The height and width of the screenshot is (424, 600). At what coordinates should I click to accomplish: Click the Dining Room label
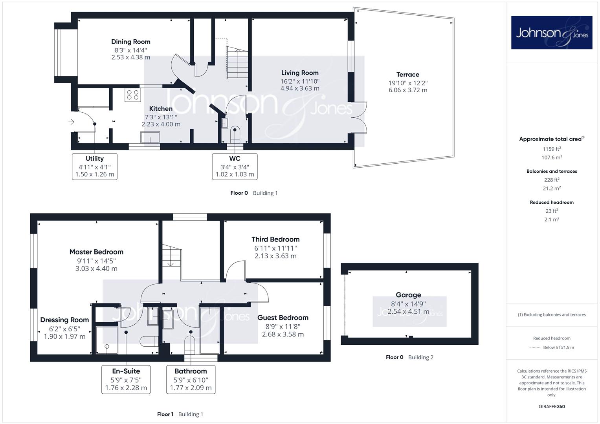pos(131,42)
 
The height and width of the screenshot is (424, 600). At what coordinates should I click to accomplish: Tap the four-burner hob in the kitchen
pos(133,95)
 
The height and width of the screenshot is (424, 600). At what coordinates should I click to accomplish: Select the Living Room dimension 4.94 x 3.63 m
pos(300,88)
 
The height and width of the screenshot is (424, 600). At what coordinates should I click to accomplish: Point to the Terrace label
pos(408,75)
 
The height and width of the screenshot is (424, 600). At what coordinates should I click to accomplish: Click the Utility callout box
pos(95,166)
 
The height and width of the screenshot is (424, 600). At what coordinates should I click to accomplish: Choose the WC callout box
pos(235,166)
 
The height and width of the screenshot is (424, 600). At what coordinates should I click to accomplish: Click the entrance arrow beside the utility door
pos(71,122)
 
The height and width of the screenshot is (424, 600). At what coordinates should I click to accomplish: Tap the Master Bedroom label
pos(96,252)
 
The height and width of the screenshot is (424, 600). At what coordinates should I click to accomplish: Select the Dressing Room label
pos(64,320)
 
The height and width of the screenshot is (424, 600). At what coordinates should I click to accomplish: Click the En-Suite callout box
pos(126,380)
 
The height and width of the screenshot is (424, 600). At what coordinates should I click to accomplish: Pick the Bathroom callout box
pos(191,380)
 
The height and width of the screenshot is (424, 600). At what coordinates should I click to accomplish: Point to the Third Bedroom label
pos(275,239)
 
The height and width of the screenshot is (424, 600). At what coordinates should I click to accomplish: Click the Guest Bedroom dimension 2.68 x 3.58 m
pos(283,334)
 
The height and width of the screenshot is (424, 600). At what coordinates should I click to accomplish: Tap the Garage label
pos(409,295)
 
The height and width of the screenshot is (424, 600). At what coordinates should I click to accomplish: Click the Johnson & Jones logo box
pos(552,32)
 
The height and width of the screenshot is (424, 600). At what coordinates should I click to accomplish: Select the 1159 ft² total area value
pos(552,149)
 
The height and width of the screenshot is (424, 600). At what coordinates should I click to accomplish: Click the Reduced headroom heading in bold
pos(552,202)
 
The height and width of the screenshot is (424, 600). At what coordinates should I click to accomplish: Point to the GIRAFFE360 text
pos(552,407)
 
